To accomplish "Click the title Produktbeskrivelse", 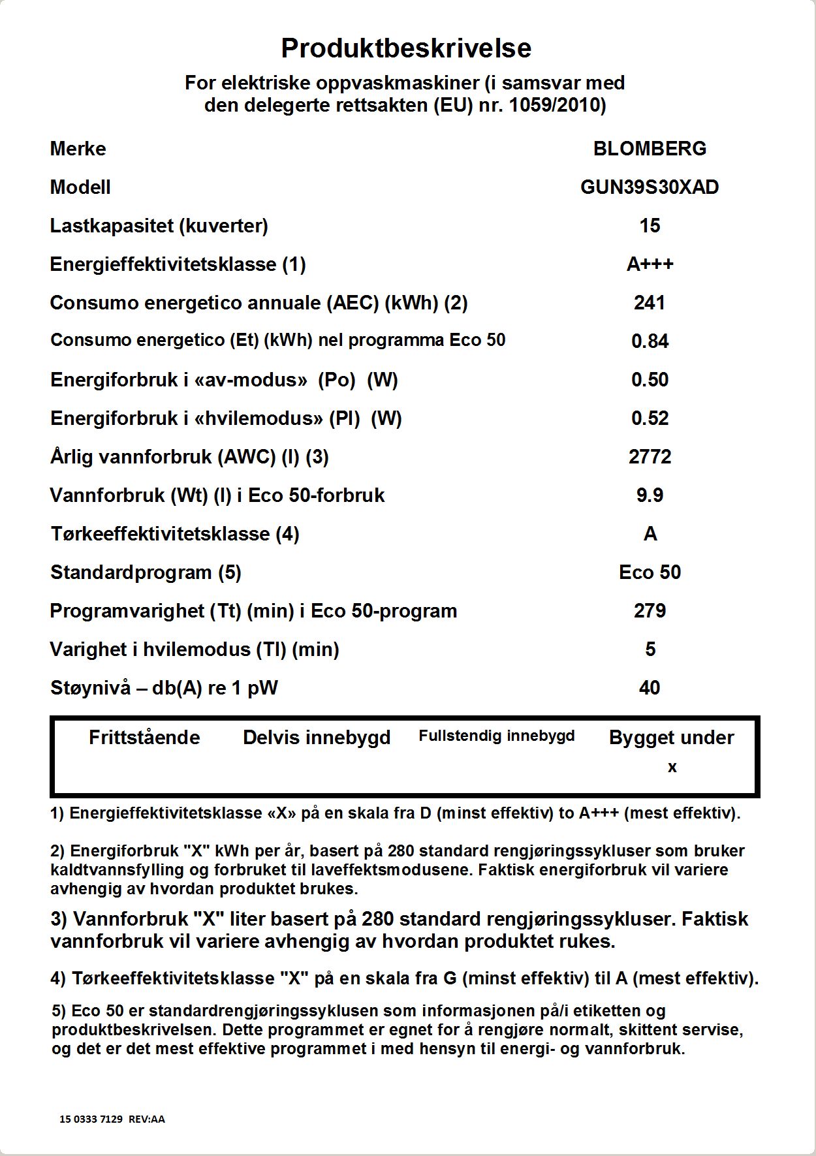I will click(x=406, y=48).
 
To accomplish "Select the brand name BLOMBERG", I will click(x=650, y=149).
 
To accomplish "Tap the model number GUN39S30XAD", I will click(x=650, y=187).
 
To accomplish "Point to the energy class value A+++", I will click(x=650, y=264).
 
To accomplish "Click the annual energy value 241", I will click(x=650, y=303).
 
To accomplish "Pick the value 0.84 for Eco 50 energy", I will click(x=650, y=341).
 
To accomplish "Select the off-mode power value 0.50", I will click(x=650, y=380).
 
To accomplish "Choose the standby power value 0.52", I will click(x=650, y=418).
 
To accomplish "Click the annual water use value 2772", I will click(x=650, y=457).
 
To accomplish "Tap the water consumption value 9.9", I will click(x=650, y=495).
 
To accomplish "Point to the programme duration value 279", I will click(x=650, y=611).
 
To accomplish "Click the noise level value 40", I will click(x=650, y=688).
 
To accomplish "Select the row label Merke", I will click(x=78, y=149).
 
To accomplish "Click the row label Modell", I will click(x=80, y=187).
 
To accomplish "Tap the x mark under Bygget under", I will click(x=672, y=768).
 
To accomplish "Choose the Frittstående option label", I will click(x=144, y=738).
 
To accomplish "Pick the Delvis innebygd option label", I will click(x=317, y=738).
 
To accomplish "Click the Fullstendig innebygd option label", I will click(x=497, y=736).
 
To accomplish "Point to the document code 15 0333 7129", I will click(x=91, y=1119).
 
